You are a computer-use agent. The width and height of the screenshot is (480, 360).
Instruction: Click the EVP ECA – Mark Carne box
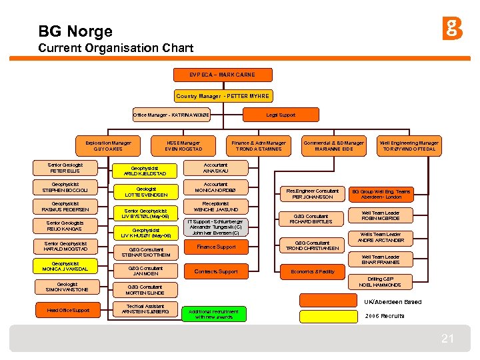click(214, 74)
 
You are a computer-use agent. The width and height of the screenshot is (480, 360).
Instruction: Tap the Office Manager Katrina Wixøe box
click(171, 115)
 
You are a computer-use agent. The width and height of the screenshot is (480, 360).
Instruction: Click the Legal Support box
click(281, 115)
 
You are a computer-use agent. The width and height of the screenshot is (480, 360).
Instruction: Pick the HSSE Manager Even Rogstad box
click(183, 145)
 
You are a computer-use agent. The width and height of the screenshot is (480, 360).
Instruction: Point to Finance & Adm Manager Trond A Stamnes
click(258, 145)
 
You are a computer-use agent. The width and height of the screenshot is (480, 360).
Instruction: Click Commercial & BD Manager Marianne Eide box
click(333, 145)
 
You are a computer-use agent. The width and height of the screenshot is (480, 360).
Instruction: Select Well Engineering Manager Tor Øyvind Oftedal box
click(409, 145)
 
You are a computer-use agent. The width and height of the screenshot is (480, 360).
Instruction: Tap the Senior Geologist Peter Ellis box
click(65, 168)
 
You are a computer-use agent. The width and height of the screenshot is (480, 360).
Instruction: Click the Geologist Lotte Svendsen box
click(145, 192)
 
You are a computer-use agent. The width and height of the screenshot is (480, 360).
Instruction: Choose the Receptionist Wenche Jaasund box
click(215, 207)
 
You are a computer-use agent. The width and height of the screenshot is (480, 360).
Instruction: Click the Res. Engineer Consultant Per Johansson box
click(313, 194)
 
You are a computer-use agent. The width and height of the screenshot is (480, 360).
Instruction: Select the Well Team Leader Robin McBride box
click(381, 215)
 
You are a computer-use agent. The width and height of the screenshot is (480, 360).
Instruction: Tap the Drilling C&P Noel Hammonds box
click(380, 282)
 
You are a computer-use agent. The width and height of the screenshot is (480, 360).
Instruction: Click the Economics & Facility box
click(313, 272)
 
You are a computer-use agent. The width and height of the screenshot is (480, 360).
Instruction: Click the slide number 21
click(447, 339)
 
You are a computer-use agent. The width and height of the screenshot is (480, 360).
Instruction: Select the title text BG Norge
click(75, 31)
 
